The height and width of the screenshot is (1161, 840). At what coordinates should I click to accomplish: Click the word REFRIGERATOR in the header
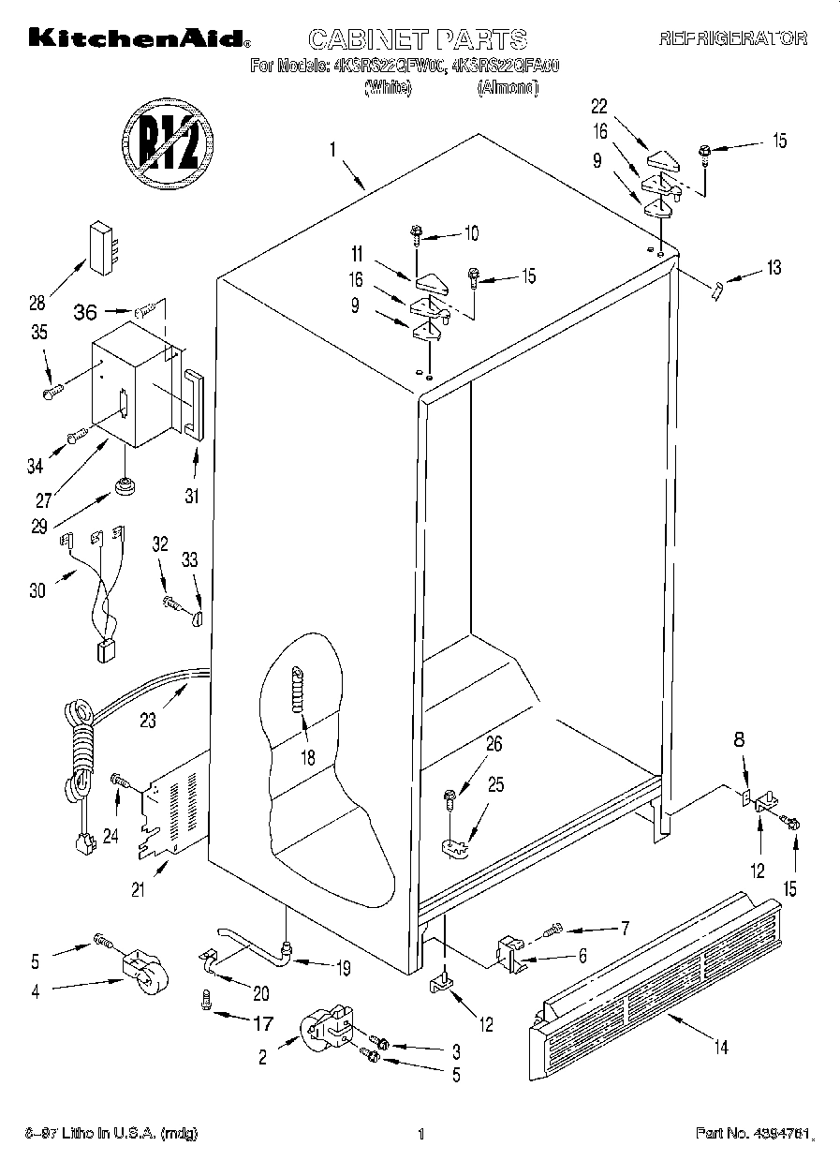coord(732,38)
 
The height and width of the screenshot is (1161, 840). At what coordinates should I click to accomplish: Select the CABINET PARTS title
coord(417,38)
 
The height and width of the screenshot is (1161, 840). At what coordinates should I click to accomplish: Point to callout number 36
coord(84,313)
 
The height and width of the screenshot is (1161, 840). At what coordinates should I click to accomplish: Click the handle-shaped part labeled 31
coord(192,404)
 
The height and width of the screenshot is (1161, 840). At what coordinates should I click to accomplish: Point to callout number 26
coord(494,745)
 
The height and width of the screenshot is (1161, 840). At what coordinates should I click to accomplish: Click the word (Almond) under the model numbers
coord(508,87)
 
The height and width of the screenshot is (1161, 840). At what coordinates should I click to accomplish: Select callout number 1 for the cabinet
coord(332,148)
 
